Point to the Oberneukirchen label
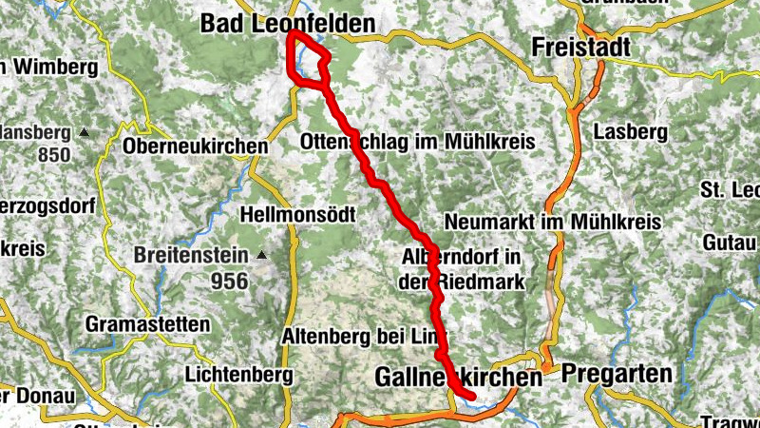(196, 146)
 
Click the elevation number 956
(230, 281)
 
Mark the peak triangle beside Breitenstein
(262, 255)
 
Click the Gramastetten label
(147, 324)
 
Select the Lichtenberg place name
(237, 374)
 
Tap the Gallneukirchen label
(458, 378)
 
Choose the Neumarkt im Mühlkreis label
(551, 222)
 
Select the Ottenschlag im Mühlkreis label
(416, 142)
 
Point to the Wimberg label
(53, 68)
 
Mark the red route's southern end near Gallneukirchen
(471, 394)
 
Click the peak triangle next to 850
(85, 131)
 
